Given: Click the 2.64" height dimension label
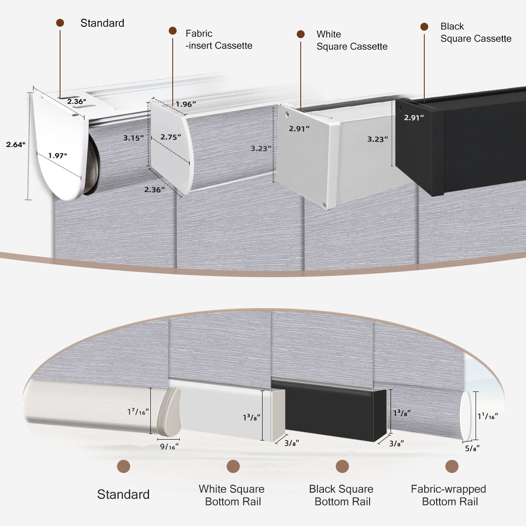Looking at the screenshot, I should tap(16, 144).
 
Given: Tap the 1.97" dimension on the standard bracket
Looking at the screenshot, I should tap(58, 156).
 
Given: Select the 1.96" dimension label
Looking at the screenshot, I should tap(185, 104).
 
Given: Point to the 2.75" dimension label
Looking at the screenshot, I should tap(171, 137).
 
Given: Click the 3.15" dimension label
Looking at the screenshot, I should tap(133, 138).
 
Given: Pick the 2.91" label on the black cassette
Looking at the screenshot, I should tap(414, 117).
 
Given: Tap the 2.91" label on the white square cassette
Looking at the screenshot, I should tap(299, 128).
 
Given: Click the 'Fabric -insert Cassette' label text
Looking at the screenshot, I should tap(219, 39).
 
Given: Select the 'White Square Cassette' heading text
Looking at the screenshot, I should tap(352, 40).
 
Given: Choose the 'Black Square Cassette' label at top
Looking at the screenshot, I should tap(476, 32).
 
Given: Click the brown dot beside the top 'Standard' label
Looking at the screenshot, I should tap(60, 23).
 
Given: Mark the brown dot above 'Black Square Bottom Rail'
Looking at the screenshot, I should tap(342, 466).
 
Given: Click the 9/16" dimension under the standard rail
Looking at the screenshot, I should tap(169, 447).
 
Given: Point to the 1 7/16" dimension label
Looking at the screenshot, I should tap(138, 412).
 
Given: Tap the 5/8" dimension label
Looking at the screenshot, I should tap(472, 448).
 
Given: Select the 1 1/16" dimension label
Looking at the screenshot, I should tap(487, 416).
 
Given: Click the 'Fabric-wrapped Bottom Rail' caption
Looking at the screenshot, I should tap(448, 495).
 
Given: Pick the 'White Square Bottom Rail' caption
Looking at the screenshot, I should tap(232, 495).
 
